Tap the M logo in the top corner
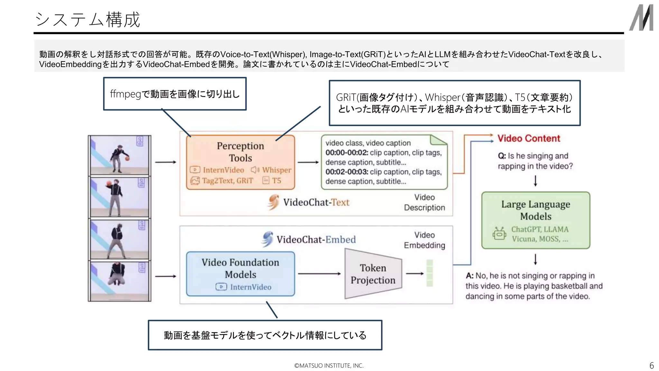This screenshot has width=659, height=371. [641, 18]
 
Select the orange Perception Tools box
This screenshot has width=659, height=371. [240, 162]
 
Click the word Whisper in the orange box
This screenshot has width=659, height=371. [276, 170]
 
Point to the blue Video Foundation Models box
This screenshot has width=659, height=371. [240, 274]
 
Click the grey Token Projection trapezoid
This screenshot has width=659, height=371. [373, 274]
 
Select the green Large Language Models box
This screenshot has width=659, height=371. [535, 220]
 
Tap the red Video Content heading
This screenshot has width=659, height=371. [529, 138]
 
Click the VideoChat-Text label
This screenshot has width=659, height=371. [316, 202]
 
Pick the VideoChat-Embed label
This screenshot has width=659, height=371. [316, 240]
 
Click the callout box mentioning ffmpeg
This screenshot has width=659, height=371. [175, 94]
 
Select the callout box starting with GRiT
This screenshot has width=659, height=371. [454, 103]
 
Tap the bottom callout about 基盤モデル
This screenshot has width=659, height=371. [265, 335]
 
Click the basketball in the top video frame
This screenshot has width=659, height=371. [127, 158]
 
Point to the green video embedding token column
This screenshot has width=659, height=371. [430, 273]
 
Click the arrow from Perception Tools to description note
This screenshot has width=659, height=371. [308, 162]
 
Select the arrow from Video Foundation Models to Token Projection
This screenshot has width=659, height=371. [319, 274]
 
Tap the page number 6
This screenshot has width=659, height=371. [652, 366]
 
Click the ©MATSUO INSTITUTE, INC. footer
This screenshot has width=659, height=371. [329, 366]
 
